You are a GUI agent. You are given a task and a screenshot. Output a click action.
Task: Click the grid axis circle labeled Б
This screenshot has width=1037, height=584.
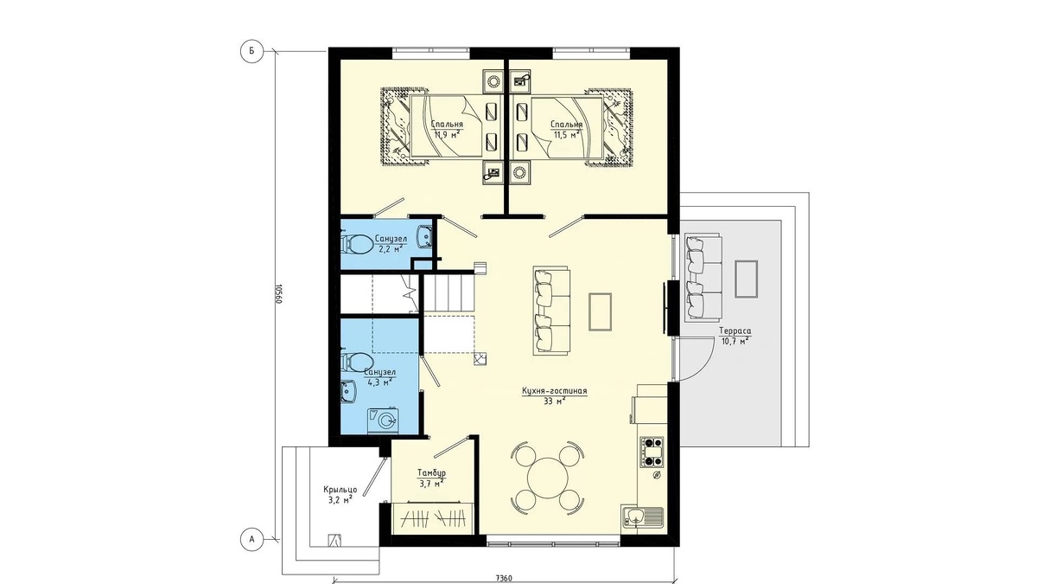coord(251,51)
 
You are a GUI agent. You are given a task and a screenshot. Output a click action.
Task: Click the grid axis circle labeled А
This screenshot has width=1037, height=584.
coord(251,540)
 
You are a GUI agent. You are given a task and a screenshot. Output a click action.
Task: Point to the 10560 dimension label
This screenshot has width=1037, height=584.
coord(278,294)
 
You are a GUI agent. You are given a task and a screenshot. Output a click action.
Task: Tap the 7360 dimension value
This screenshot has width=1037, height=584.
coord(504,578)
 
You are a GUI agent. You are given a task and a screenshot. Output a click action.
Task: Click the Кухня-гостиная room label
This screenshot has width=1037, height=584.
coord(554,391)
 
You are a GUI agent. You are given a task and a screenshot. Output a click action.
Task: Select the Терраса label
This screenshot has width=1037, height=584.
coord(735,331)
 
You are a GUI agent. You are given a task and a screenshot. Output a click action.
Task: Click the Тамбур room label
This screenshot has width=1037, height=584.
coord(431,473)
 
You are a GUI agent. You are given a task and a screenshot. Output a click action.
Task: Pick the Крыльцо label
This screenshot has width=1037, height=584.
coord(340,490)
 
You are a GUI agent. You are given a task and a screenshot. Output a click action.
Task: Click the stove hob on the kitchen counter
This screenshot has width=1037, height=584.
coord(652,452)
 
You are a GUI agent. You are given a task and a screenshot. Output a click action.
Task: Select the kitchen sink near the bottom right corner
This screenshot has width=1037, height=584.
coord(643,517)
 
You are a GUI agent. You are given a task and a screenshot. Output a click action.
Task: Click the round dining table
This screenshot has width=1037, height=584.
coord(548,477)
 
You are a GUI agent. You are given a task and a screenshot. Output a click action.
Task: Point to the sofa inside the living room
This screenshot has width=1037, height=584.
coord(551,311)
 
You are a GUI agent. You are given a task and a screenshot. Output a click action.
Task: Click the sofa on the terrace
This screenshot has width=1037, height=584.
coord(703,278)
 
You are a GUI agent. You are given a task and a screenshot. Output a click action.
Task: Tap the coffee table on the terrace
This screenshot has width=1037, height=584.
coord(747,279)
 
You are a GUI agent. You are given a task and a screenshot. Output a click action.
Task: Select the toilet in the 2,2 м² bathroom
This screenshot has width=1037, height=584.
coord(357,244)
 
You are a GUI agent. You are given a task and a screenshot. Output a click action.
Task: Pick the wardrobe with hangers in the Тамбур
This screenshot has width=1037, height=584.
coord(433,518)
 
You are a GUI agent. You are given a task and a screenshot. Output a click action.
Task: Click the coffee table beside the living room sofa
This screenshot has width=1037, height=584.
coord(600,311)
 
